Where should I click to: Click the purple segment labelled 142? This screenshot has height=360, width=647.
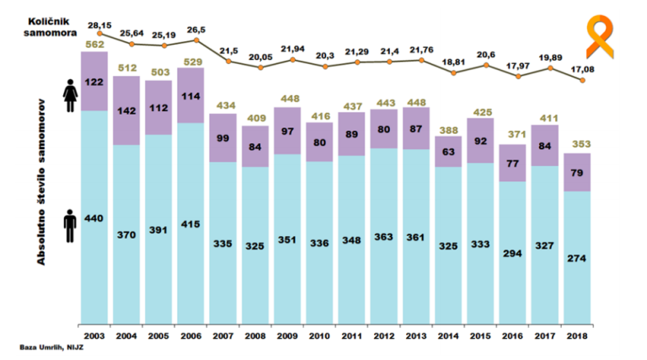click(x=126, y=111)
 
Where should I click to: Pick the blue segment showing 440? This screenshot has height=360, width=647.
click(x=94, y=218)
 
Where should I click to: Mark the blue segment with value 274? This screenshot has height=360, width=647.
click(x=578, y=257)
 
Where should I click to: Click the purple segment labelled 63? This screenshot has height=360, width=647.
click(x=448, y=152)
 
